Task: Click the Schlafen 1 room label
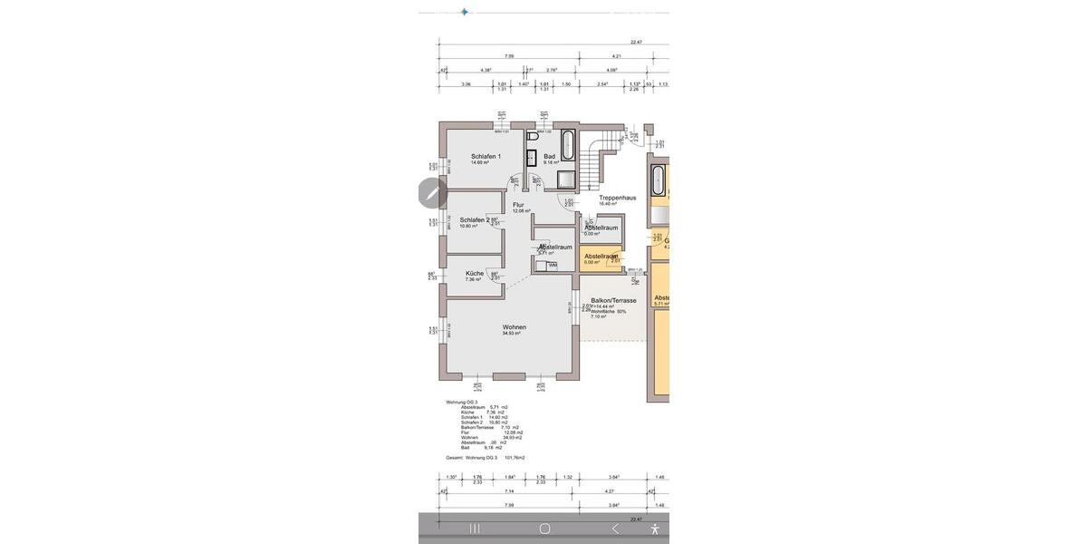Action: point(486,156)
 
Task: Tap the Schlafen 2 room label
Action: point(475,219)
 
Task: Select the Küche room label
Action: point(475,273)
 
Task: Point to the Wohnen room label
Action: point(515,327)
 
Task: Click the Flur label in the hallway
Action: point(518,205)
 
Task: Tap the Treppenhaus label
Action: point(617,197)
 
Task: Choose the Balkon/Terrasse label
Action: point(613,300)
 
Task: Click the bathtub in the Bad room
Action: point(568,145)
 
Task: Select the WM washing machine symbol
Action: point(552,265)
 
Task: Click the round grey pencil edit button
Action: point(433,192)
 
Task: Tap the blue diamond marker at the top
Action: point(465,12)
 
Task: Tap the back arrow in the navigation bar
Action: point(615,528)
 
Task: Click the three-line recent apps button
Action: point(474,528)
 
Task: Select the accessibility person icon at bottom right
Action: point(655,528)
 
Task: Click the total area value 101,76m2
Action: point(514,458)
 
